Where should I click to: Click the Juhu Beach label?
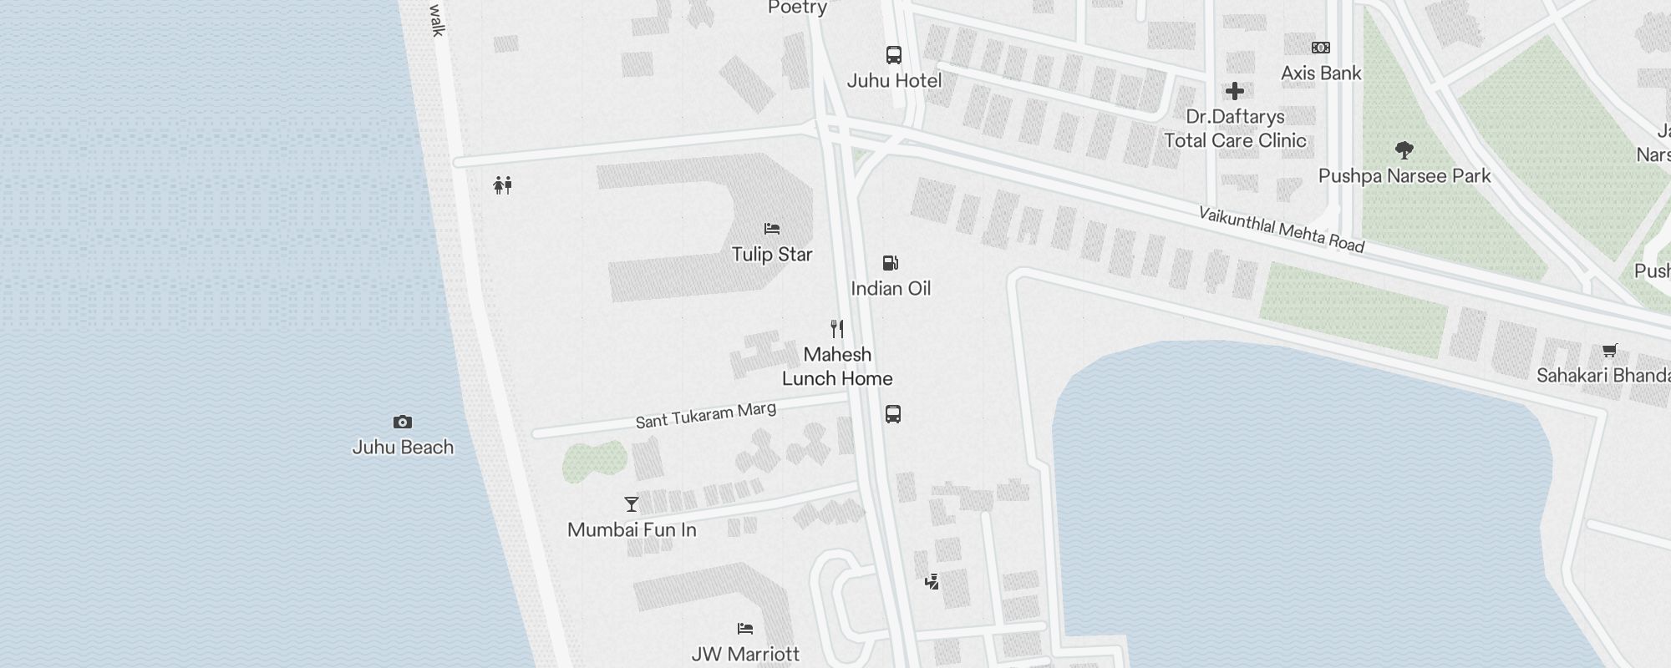pyautogui.click(x=403, y=447)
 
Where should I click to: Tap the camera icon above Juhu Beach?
pyautogui.click(x=403, y=423)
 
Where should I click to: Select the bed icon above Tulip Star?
pyautogui.click(x=772, y=229)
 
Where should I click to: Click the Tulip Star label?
pyautogui.click(x=772, y=254)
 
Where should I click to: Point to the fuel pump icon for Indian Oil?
pyautogui.click(x=891, y=264)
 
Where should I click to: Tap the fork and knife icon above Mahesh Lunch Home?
pyautogui.click(x=837, y=329)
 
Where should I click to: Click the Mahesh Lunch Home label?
pyautogui.click(x=837, y=367)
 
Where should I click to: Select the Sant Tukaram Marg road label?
pyautogui.click(x=706, y=415)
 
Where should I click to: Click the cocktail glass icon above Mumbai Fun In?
pyautogui.click(x=632, y=504)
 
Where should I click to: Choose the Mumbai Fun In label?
pyautogui.click(x=632, y=529)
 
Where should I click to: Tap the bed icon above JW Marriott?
pyautogui.click(x=745, y=629)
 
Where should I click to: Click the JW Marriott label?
pyautogui.click(x=745, y=654)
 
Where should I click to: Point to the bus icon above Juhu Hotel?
pyautogui.click(x=894, y=55)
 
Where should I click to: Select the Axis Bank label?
pyautogui.click(x=1321, y=73)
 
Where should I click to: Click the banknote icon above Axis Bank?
pyautogui.click(x=1321, y=48)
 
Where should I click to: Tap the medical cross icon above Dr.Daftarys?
pyautogui.click(x=1235, y=91)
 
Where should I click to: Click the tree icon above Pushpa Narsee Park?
pyautogui.click(x=1404, y=151)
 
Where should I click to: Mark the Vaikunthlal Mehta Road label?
pyautogui.click(x=1282, y=229)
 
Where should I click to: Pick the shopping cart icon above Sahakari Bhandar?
pyautogui.click(x=1609, y=351)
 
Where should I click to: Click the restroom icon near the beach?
pyautogui.click(x=502, y=185)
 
